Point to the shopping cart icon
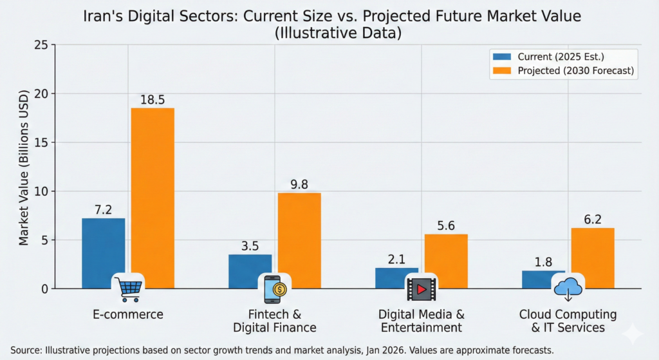coord(128,289)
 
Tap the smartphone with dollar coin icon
coord(275,289)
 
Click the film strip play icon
coord(421,289)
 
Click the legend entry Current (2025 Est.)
coord(559,56)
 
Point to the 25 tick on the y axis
coord(41,45)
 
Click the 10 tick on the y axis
coord(41,191)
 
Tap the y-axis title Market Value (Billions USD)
coord(24,167)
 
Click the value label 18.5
coord(153,99)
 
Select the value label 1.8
coord(543,262)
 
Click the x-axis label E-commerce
coord(128,314)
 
